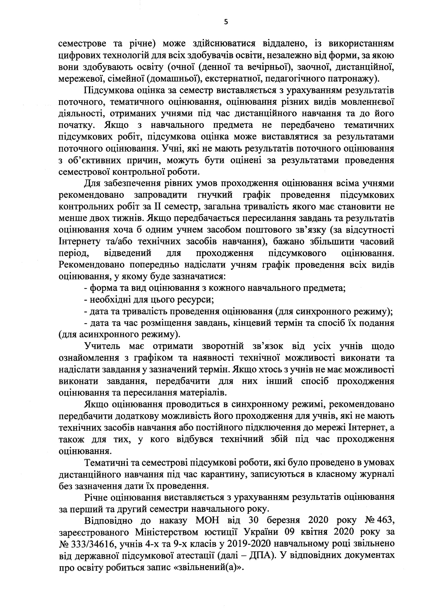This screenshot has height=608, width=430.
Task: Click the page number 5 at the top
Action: tap(226, 22)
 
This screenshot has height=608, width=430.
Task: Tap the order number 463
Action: tap(386, 520)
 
